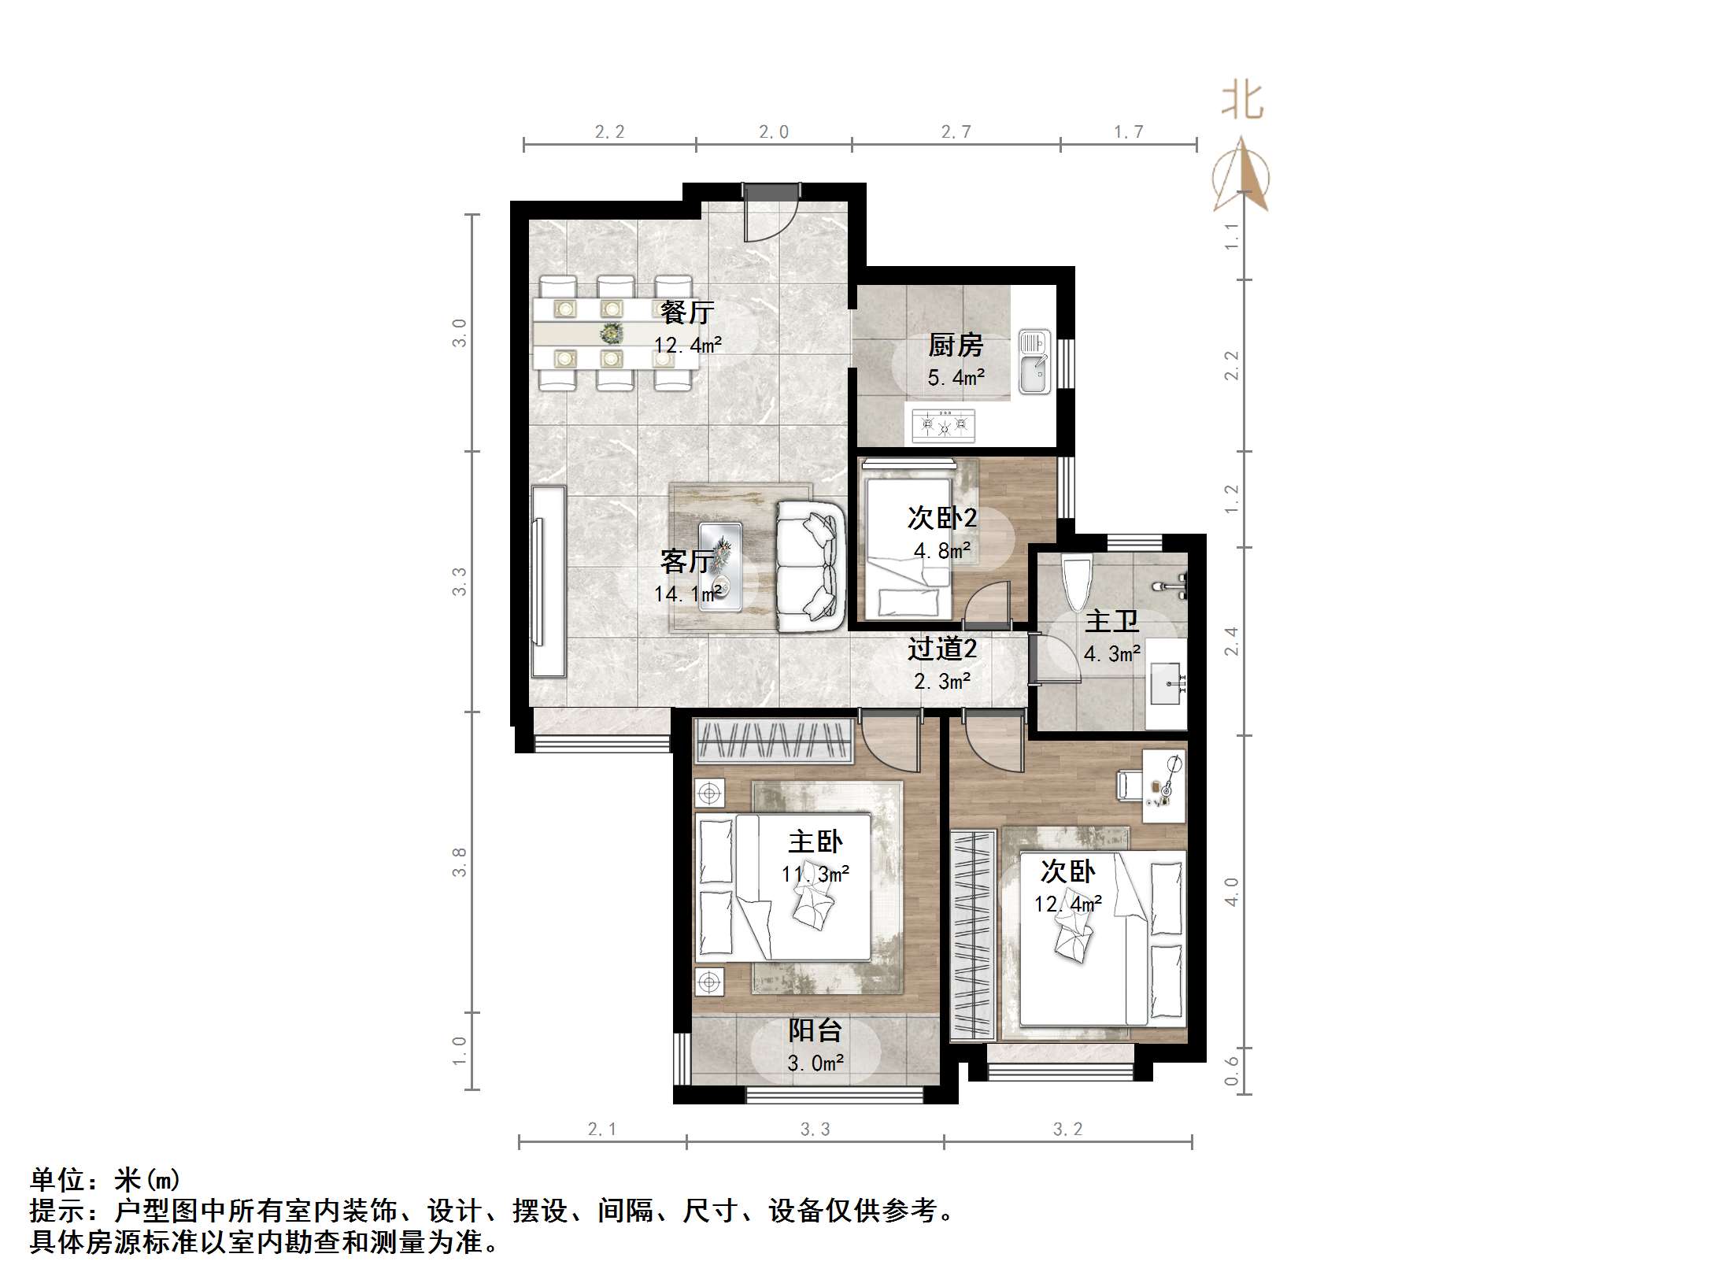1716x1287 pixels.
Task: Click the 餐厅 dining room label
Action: click(686, 313)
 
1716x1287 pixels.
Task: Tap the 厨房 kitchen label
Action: click(955, 345)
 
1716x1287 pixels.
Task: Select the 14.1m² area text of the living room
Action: click(687, 594)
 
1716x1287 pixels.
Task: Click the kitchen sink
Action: click(1034, 362)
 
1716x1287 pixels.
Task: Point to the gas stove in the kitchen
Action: click(943, 426)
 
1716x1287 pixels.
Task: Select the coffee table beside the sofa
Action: click(719, 565)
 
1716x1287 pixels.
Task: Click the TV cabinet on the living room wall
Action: click(549, 582)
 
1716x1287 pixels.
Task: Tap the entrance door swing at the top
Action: click(772, 214)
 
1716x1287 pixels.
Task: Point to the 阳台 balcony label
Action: click(815, 1030)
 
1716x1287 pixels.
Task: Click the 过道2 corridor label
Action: click(941, 649)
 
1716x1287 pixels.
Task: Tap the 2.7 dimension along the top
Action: click(956, 132)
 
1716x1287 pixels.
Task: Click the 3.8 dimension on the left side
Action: click(460, 862)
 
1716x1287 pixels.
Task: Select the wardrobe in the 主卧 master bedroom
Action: click(774, 742)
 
